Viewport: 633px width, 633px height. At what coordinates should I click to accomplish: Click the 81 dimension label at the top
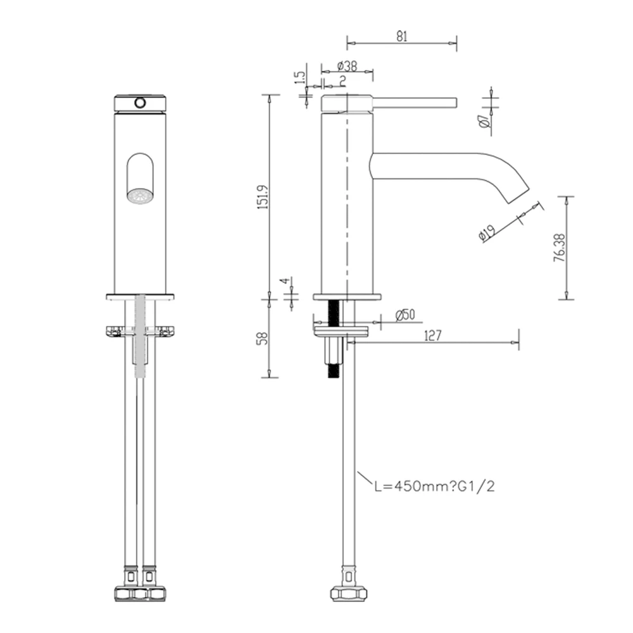pos(401,37)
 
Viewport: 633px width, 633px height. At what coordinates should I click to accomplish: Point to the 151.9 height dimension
pos(264,197)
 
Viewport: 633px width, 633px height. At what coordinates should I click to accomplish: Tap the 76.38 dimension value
pos(558,248)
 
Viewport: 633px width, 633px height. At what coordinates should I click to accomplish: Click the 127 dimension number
pos(432,335)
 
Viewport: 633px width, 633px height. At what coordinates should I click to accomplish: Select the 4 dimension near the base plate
pos(285,281)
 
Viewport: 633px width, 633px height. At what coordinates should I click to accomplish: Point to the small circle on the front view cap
pos(140,102)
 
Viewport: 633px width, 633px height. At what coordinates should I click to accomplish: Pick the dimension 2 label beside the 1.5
pos(342,80)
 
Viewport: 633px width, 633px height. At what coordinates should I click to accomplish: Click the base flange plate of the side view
pos(347,296)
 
